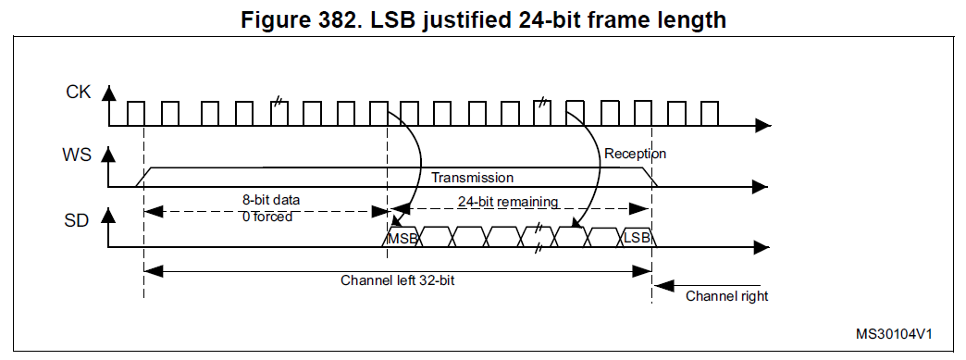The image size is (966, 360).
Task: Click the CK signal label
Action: tap(79, 93)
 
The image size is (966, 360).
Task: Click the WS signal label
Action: tap(77, 155)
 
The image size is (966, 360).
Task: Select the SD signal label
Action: tap(77, 220)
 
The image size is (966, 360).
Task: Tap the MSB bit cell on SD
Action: tap(402, 237)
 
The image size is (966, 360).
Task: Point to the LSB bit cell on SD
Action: tap(637, 237)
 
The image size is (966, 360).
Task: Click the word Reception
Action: tap(635, 154)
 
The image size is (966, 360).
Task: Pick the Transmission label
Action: tap(473, 178)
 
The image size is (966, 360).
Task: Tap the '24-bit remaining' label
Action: tap(508, 202)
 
